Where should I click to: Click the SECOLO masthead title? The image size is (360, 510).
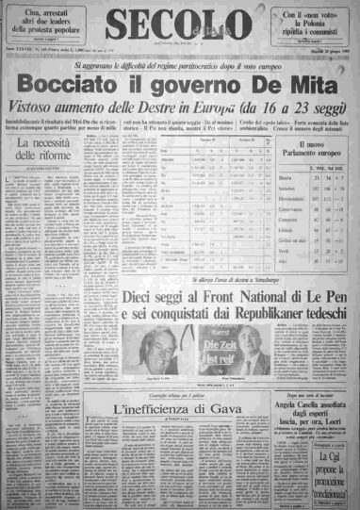tap(180, 24)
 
